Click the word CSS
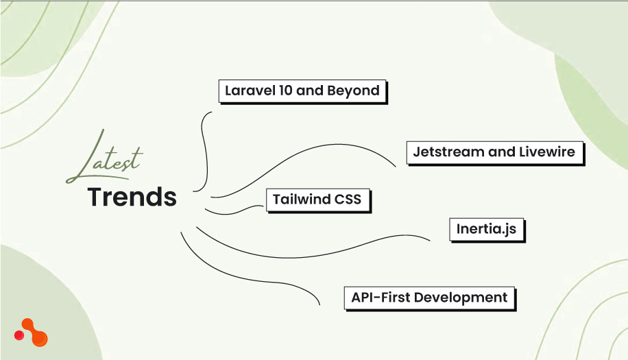point(349,200)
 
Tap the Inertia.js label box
point(486,229)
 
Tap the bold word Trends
point(132,197)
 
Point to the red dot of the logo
point(20,335)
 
